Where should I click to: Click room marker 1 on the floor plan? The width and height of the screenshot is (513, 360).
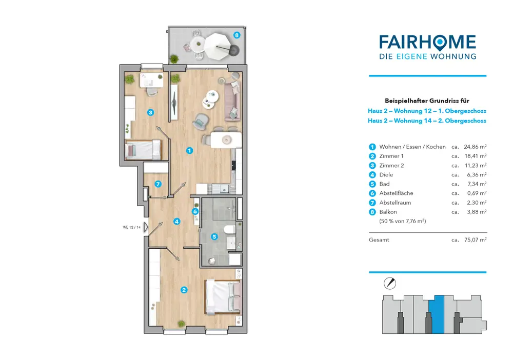tap(189, 151)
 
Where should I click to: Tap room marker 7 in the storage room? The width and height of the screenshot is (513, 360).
tap(158, 184)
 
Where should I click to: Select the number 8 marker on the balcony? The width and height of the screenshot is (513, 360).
tap(236, 35)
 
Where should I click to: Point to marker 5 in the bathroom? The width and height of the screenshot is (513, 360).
tap(214, 236)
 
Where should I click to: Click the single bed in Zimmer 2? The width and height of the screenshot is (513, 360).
tap(143, 150)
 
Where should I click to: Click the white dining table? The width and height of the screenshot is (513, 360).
tap(226, 140)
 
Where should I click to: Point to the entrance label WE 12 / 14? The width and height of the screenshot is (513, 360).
tap(131, 227)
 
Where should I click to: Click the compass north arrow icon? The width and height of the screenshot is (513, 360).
tap(390, 283)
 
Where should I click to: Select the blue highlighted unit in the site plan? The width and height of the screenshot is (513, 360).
tap(437, 314)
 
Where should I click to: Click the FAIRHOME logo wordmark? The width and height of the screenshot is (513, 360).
tap(428, 42)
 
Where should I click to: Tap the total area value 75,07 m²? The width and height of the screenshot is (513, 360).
tap(476, 239)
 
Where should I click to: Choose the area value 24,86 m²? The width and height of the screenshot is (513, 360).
tap(475, 147)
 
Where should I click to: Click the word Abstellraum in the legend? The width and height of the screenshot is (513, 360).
tap(395, 203)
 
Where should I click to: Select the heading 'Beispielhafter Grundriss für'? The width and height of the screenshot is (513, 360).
tap(427, 101)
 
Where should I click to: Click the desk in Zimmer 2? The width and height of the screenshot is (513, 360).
tap(151, 81)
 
